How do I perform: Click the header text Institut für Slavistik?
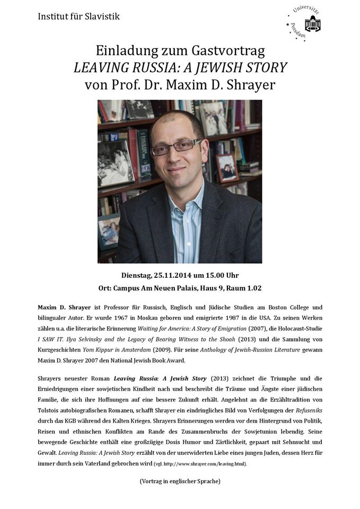79,16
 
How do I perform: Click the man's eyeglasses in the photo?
176,147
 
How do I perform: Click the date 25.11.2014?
175,275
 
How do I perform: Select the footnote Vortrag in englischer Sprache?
179,481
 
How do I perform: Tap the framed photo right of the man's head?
227,168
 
